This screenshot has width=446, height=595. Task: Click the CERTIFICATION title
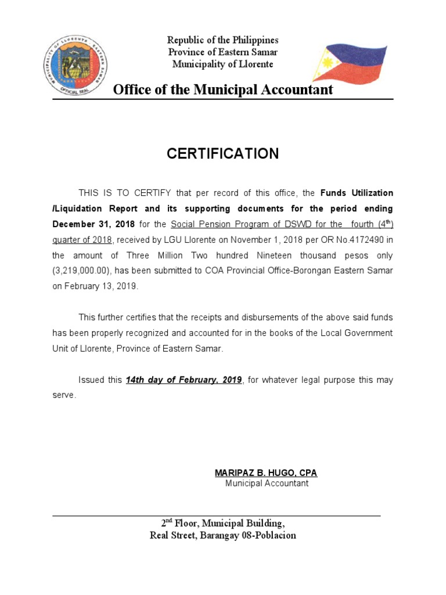pos(223,153)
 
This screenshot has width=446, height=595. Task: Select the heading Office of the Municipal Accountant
pos(223,89)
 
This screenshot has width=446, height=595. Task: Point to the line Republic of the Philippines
pos(223,40)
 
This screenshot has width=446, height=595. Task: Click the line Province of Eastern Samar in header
pos(223,52)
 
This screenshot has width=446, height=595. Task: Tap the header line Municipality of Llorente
pos(223,64)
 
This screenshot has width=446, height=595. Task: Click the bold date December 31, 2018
pos(93,224)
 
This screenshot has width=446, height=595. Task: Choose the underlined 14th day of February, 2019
pos(184,380)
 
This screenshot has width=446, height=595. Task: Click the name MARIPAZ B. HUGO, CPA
pos(266,473)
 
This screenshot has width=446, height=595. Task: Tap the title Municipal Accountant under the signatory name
pos(267,483)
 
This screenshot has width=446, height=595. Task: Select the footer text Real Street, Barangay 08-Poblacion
pos(223,535)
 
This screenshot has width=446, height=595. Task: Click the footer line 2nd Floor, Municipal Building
pos(223,522)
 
